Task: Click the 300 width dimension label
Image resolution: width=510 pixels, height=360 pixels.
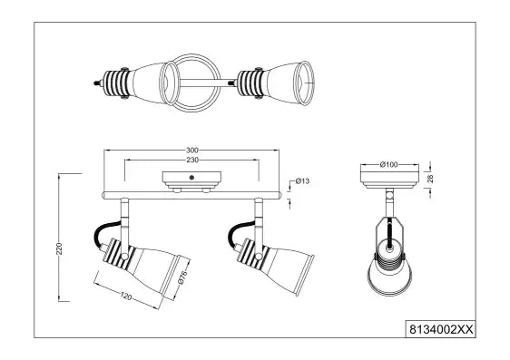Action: click(x=192, y=151)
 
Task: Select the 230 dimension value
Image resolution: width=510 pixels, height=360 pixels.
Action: click(x=192, y=161)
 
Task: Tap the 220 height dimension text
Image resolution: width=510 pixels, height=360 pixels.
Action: click(x=59, y=248)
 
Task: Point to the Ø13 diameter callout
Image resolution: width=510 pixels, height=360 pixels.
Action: click(x=302, y=181)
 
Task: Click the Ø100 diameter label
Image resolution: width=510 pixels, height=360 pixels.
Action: click(x=389, y=165)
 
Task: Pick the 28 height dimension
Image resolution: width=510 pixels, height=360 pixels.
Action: click(x=430, y=179)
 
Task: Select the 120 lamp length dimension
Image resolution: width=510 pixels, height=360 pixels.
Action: click(x=126, y=296)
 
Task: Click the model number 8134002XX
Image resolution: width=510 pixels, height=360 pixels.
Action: click(x=441, y=330)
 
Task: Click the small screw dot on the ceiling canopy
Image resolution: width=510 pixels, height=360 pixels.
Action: click(x=191, y=178)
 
